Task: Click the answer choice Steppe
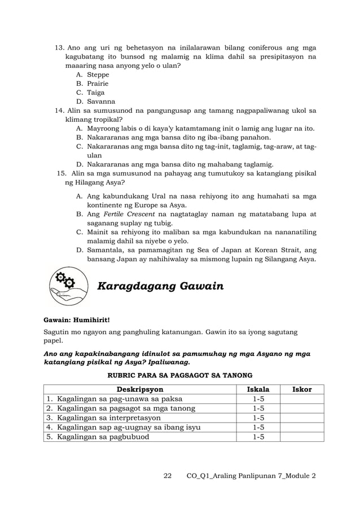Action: [98, 74]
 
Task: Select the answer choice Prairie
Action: [98, 84]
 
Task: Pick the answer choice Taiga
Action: [96, 93]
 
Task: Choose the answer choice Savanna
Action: [99, 102]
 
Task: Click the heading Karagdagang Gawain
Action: [161, 287]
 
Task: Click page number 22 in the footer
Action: [167, 476]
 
